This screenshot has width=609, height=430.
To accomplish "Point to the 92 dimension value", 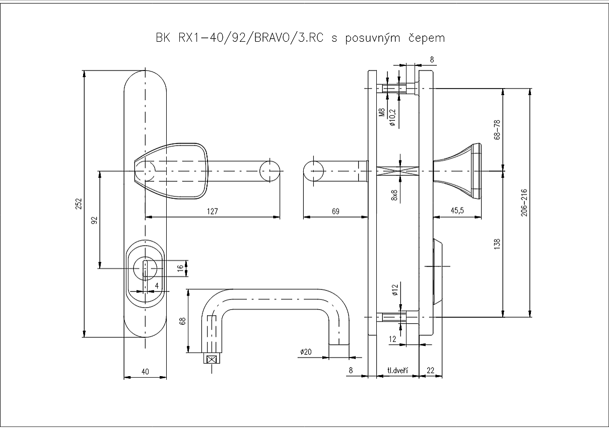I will pos(94,220).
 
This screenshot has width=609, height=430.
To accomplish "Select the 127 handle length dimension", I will pos(212,212).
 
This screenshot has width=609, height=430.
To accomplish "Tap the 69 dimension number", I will pos(335,212).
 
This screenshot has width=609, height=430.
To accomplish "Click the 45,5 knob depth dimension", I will pos(457,212).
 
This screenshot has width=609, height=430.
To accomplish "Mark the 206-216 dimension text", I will pos(524,202).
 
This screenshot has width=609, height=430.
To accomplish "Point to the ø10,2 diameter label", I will pos(393,117).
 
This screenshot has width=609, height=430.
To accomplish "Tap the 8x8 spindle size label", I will pos(394,195).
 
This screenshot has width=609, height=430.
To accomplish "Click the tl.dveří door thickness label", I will pos(397,371).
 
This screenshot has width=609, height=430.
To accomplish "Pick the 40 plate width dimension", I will pos(145,372).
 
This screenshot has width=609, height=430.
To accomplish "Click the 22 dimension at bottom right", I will pos(431,371).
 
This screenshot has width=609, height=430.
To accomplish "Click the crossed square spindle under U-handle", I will pos(212,359).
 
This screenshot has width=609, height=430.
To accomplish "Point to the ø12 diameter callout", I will pos(394,291).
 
